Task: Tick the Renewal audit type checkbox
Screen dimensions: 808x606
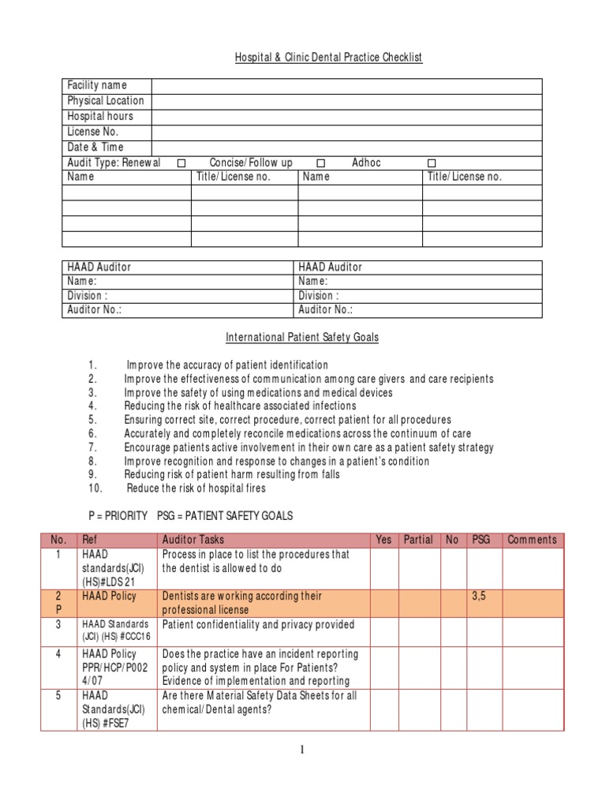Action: (181, 163)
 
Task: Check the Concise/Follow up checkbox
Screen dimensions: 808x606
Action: (321, 163)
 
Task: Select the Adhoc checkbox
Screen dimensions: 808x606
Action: (432, 163)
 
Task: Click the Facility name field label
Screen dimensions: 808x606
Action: (97, 85)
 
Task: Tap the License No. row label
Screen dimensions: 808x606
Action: (92, 132)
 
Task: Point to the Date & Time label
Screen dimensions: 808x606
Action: (95, 148)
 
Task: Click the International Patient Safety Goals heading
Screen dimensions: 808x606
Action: (302, 337)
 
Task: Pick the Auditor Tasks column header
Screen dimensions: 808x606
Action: (193, 541)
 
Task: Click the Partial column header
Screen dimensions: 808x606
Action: (418, 541)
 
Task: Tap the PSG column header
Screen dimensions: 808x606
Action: (481, 541)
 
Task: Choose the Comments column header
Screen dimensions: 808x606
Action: (532, 541)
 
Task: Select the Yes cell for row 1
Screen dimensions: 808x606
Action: (383, 568)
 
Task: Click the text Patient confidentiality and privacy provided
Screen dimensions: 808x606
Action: (258, 625)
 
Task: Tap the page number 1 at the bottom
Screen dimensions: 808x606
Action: (303, 750)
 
